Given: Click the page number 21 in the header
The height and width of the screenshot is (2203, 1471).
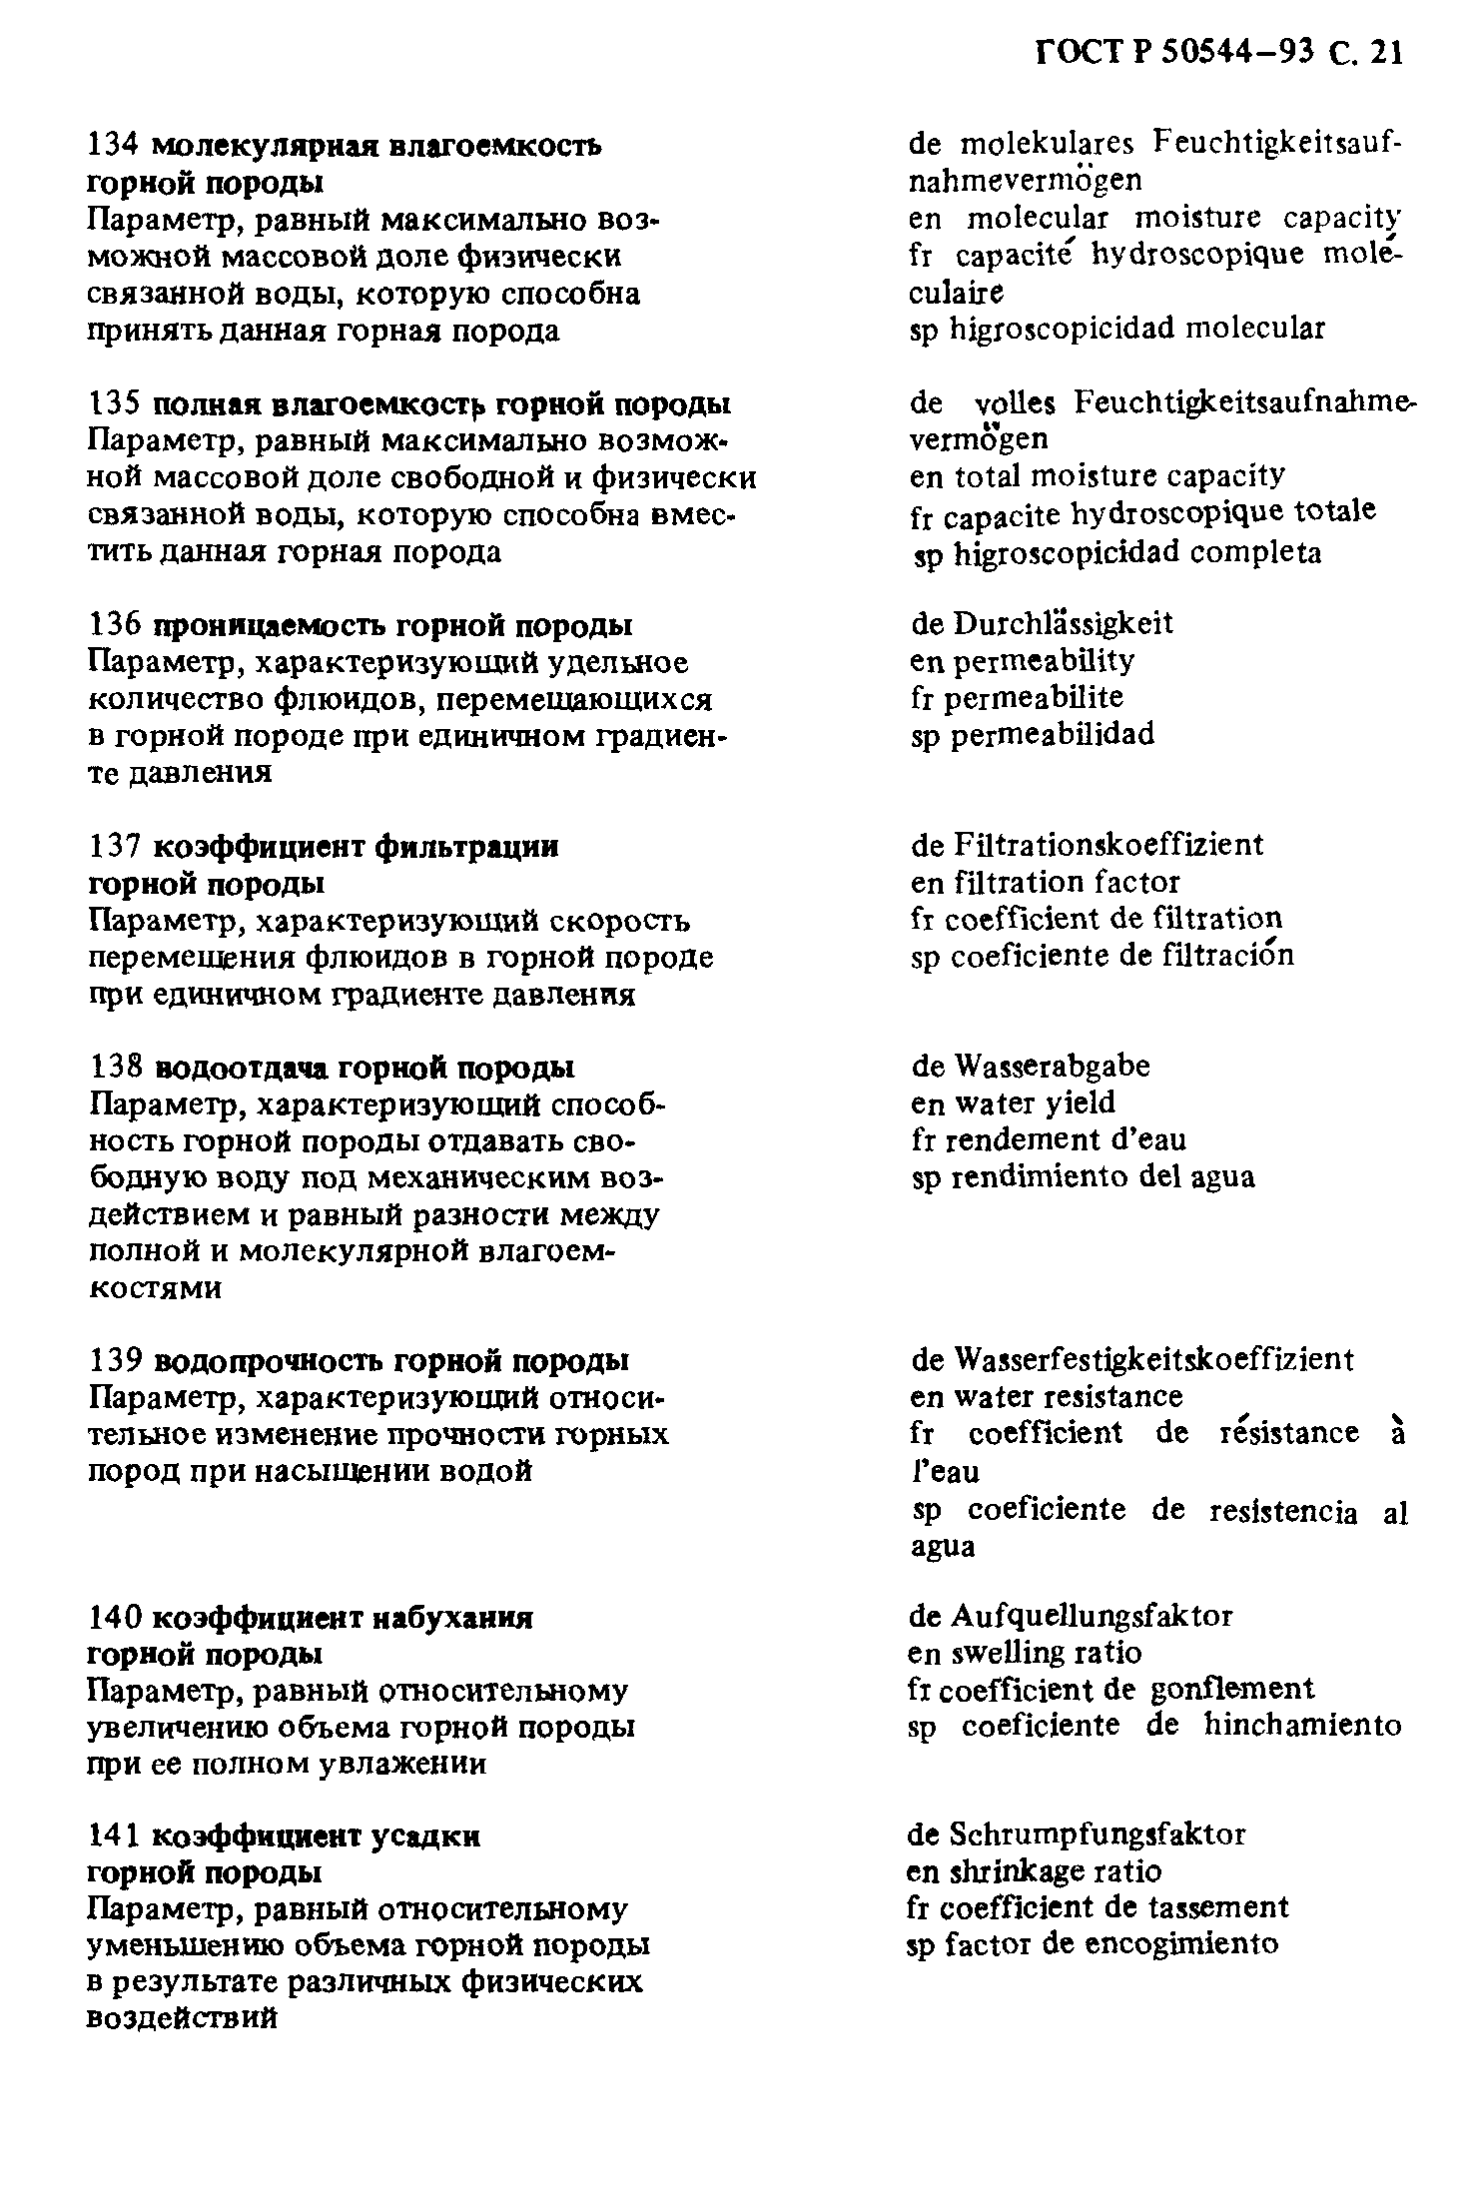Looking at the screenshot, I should [1387, 52].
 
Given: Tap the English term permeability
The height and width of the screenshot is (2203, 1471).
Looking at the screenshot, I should [1044, 661].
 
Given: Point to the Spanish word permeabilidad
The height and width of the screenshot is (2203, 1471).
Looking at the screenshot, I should [1053, 735].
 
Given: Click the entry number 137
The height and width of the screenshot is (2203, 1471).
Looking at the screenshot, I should [116, 847].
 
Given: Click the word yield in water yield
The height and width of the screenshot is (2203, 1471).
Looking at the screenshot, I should [1080, 1102].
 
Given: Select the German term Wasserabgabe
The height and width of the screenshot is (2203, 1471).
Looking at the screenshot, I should [1052, 1066].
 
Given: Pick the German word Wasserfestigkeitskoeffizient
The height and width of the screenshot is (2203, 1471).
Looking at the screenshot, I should [1153, 1359].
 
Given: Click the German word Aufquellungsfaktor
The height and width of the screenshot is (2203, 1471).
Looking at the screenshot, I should [1092, 1615].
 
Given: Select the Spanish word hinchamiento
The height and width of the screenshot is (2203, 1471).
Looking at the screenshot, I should [1302, 1725].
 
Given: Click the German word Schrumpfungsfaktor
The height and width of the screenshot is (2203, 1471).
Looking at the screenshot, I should [1097, 1835].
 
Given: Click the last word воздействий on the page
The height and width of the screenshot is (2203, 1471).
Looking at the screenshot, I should [182, 2018].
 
